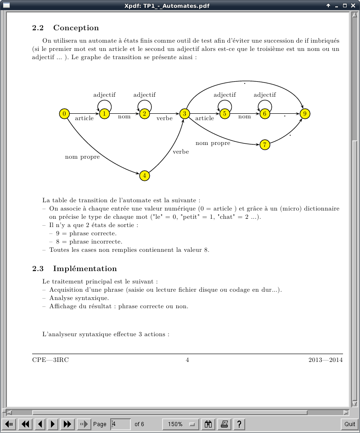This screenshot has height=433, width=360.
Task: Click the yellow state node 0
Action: pyautogui.click(x=64, y=113)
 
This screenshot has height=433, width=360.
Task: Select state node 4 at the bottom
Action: pyautogui.click(x=144, y=176)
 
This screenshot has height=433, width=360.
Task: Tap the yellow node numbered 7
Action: pyautogui.click(x=264, y=145)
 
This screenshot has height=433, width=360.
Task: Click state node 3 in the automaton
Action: pyautogui.click(x=185, y=113)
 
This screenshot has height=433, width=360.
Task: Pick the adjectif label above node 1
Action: pyautogui.click(x=104, y=95)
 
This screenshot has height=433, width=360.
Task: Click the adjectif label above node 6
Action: pyautogui.click(x=264, y=95)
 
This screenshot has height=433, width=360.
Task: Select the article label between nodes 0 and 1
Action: pyautogui.click(x=84, y=118)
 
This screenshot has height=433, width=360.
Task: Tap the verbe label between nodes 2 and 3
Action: pyautogui.click(x=164, y=118)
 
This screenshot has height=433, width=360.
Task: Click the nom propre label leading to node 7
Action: pyautogui.click(x=213, y=143)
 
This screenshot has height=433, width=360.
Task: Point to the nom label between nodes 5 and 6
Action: pyautogui.click(x=244, y=117)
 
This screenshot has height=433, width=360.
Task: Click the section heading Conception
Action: pyautogui.click(x=76, y=28)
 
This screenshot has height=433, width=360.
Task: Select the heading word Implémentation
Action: pyautogui.click(x=85, y=269)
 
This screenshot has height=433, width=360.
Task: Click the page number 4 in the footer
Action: pyautogui.click(x=187, y=360)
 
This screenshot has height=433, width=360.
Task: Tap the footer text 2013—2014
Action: pyautogui.click(x=325, y=360)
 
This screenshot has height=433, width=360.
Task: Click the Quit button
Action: pyautogui.click(x=349, y=424)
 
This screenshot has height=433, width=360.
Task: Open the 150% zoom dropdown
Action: pyautogui.click(x=180, y=424)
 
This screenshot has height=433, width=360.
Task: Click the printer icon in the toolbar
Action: pyautogui.click(x=225, y=424)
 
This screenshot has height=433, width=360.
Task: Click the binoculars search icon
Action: pyautogui.click(x=209, y=424)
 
